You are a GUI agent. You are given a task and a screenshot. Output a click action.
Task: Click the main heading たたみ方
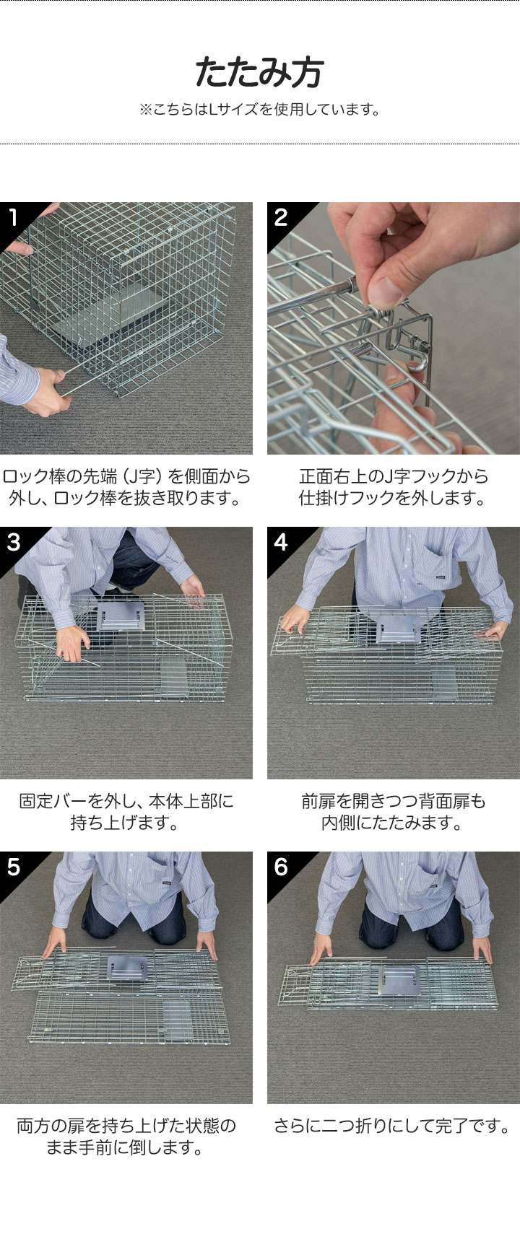[259, 73]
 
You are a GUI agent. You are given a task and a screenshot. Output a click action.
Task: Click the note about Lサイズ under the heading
[259, 109]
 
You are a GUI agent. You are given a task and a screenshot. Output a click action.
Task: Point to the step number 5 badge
[13, 867]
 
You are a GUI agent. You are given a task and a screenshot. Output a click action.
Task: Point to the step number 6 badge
[281, 867]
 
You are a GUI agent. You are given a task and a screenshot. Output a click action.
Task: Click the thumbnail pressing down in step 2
[386, 290]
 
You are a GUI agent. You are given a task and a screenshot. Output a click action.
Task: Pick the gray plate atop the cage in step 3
[121, 615]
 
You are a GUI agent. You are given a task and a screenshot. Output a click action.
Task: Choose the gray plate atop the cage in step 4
[397, 629]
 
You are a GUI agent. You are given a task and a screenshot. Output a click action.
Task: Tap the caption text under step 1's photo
[126, 487]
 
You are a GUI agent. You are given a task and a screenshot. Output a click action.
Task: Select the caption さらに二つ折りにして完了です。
[392, 1126]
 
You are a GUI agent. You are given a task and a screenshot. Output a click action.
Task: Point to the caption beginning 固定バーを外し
[126, 812]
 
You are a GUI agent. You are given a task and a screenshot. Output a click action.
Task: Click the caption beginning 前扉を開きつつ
[393, 812]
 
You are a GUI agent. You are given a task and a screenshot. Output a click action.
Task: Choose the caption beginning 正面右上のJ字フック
[393, 487]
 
